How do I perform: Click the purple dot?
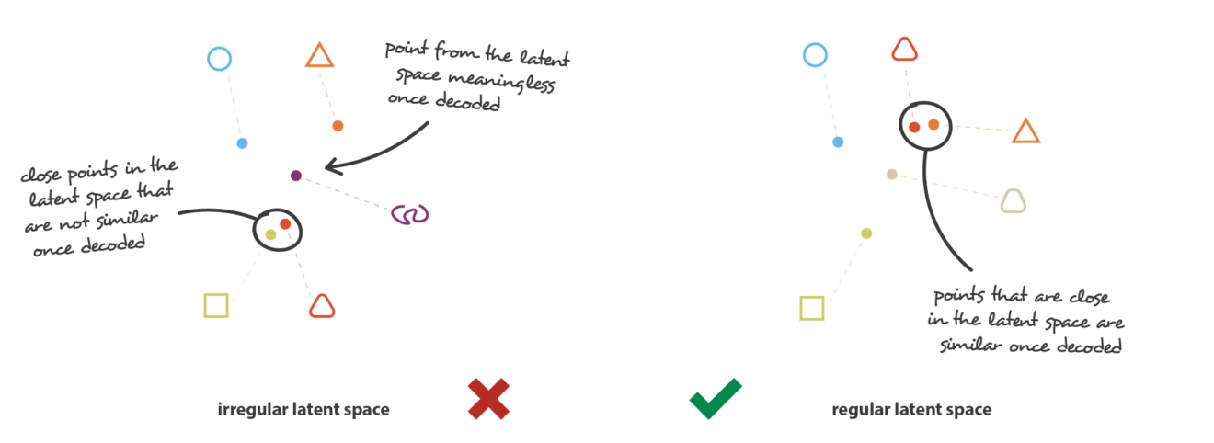pyautogui.click(x=296, y=176)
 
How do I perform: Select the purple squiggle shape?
pyautogui.click(x=410, y=214)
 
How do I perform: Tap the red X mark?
pyautogui.click(x=489, y=399)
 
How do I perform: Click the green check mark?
pyautogui.click(x=716, y=399)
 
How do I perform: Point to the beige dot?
pyautogui.click(x=891, y=175)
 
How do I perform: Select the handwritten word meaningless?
pyautogui.click(x=501, y=81)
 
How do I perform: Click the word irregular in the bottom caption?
pyautogui.click(x=253, y=409)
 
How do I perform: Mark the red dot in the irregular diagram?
pyautogui.click(x=285, y=223)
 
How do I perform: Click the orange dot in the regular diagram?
pyautogui.click(x=933, y=125)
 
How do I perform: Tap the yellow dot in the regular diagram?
pyautogui.click(x=866, y=233)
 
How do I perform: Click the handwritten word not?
pyautogui.click(x=74, y=221)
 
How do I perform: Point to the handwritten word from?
pyautogui.click(x=456, y=51)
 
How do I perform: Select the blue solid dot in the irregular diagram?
pyautogui.click(x=242, y=143)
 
